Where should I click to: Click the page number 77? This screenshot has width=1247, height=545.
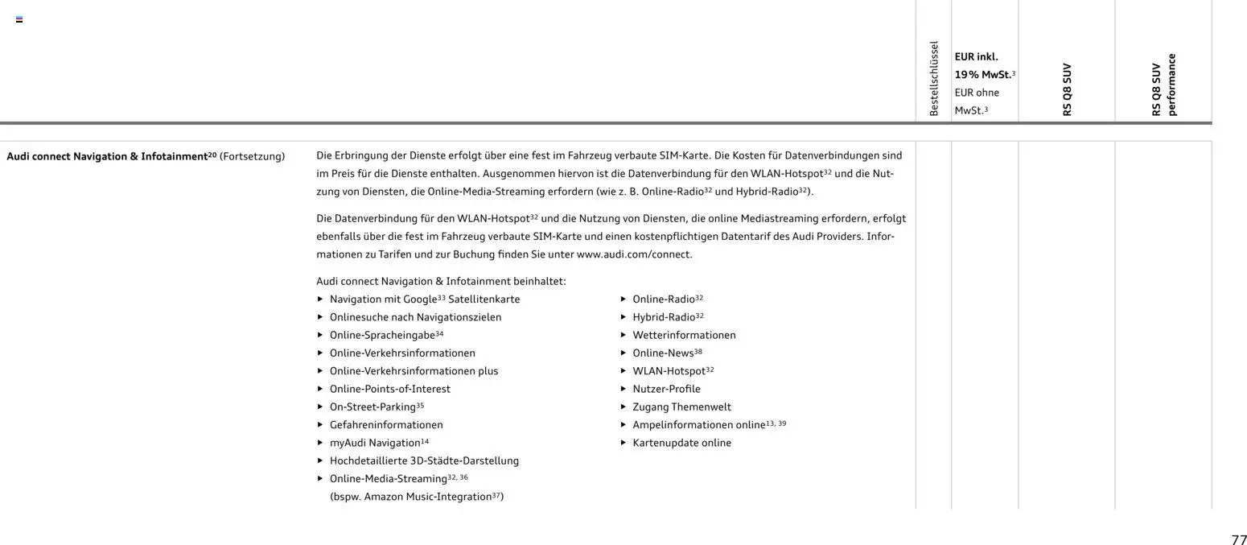coord(1238,540)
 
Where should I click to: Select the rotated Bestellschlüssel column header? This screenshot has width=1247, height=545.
coord(933,79)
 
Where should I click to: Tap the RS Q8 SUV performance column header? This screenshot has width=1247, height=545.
coord(1163,85)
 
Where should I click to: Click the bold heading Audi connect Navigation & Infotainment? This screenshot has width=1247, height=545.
coord(111,156)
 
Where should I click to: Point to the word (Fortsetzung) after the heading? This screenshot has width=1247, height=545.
coord(252,156)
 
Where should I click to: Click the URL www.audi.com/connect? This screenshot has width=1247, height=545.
coord(634,254)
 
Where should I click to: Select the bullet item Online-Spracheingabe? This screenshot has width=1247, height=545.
coord(382,335)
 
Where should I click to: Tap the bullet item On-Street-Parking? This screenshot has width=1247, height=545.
coord(372,407)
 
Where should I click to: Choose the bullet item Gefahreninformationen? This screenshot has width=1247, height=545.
coord(386,425)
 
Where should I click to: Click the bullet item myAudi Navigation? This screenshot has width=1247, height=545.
coord(375,443)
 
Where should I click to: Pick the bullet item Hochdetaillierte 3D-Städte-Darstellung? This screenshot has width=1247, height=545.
coord(424,460)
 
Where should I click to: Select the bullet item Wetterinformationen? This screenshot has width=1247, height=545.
coord(684,335)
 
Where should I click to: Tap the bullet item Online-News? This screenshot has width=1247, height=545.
coord(663,353)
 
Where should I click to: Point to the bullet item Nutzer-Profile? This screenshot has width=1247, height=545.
coord(666,389)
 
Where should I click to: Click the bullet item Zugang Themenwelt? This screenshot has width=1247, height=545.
coord(681,407)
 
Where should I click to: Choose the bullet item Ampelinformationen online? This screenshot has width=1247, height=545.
coord(698,425)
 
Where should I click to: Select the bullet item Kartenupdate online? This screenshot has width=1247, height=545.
coord(681,443)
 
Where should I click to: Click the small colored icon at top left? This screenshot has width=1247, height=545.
coord(19,19)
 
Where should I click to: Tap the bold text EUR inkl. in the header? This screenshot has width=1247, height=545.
coord(976,57)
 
